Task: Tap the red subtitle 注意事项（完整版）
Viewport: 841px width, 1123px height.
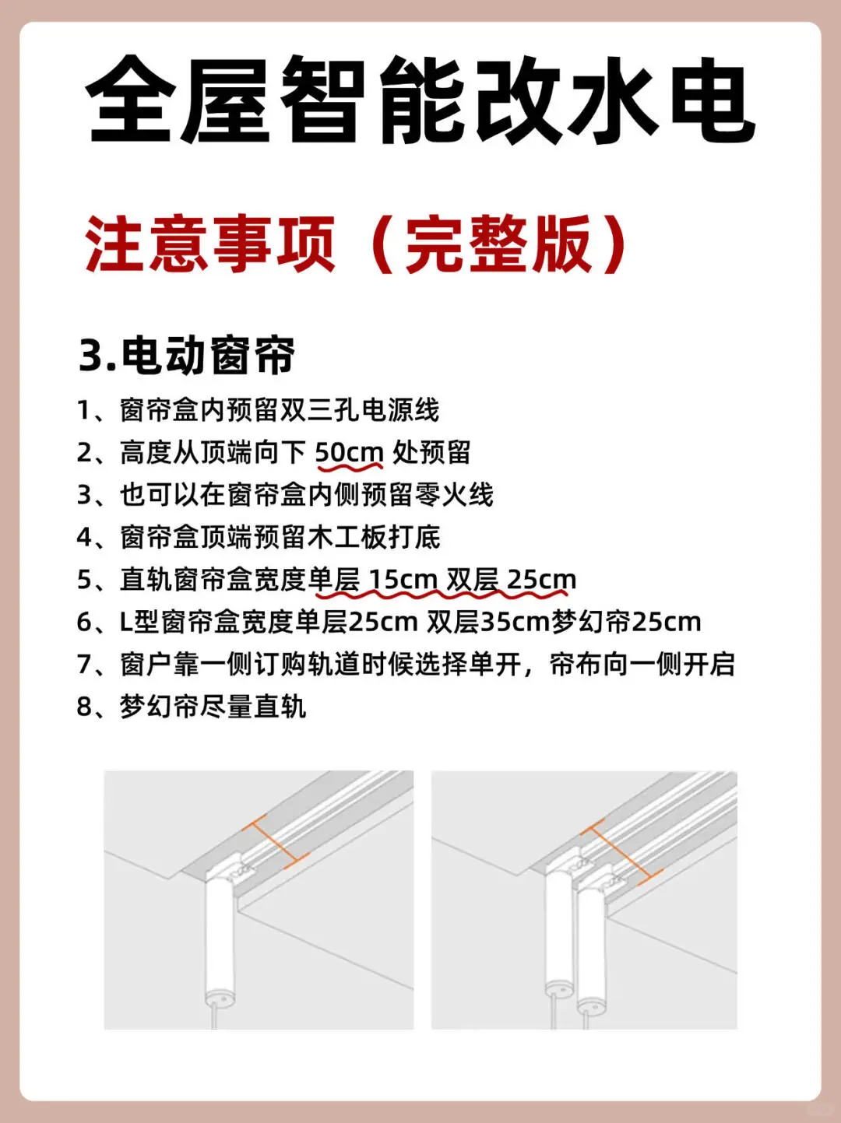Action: pyautogui.click(x=356, y=244)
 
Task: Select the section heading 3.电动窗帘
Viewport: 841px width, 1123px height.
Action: pyautogui.click(x=187, y=355)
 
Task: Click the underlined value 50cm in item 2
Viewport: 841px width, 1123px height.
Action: pyautogui.click(x=349, y=452)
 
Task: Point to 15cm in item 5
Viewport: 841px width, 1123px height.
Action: pyautogui.click(x=403, y=580)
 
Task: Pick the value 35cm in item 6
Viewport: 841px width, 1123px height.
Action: pyautogui.click(x=515, y=622)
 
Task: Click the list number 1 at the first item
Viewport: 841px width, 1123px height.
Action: pyautogui.click(x=84, y=410)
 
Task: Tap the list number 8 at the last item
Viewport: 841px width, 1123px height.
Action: pyautogui.click(x=84, y=707)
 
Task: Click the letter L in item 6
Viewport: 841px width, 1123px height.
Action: pyautogui.click(x=126, y=622)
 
